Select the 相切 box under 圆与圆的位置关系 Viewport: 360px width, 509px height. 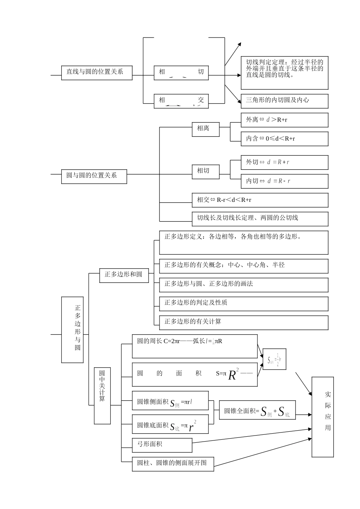tap(205, 171)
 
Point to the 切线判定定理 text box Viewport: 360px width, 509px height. tap(284, 73)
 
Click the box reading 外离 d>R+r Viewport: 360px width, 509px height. tap(284, 120)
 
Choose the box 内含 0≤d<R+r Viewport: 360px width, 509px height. tap(284, 139)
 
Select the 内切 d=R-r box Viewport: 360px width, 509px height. tap(284, 181)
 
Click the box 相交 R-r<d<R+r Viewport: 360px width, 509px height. tap(260, 200)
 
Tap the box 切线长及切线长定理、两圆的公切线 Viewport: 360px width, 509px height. tap(260, 219)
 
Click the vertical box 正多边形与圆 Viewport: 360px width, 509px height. tap(72, 329)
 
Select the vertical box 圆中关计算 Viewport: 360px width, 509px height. tap(102, 395)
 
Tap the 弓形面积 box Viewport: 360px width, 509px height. tap(162, 445)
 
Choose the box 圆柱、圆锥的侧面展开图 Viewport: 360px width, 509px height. tap(173, 464)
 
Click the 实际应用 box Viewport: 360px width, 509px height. tap(322, 417)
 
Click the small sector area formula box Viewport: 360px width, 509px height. tap(274, 359)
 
